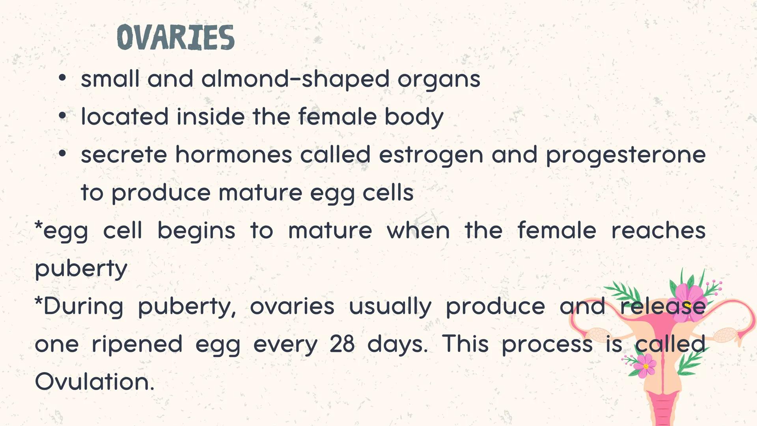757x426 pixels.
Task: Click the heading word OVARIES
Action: click(x=175, y=37)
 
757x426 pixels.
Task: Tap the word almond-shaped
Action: click(x=295, y=79)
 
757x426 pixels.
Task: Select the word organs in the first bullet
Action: click(x=439, y=79)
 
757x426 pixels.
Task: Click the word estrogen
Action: click(x=431, y=155)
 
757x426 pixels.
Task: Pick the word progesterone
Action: click(x=626, y=155)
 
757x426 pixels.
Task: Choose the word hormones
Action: click(x=233, y=155)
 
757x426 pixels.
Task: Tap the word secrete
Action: click(x=124, y=155)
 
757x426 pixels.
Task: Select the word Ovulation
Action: click(x=94, y=382)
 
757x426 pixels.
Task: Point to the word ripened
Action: click(x=137, y=344)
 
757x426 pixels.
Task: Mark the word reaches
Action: click(x=658, y=231)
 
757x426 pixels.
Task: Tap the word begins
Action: click(x=196, y=231)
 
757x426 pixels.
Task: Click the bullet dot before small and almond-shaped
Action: click(x=62, y=78)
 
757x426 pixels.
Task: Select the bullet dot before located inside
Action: click(x=62, y=116)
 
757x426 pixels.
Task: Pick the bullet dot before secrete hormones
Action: click(x=62, y=154)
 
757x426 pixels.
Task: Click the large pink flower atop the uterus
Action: click(x=689, y=297)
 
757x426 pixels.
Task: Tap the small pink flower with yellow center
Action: click(x=645, y=366)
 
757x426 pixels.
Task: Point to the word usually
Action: click(x=390, y=306)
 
